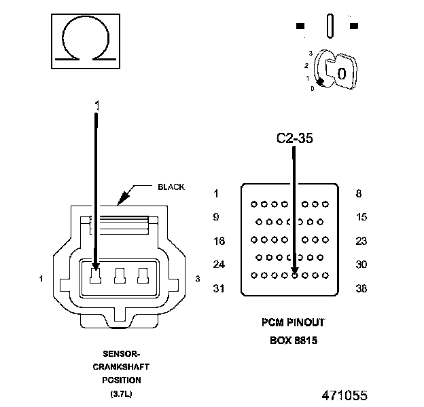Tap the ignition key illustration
point(335,69)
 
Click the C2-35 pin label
point(294,138)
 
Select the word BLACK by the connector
point(171,187)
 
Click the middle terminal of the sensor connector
point(120,275)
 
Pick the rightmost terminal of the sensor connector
point(143,275)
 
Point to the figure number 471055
point(344,395)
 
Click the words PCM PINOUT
point(293,322)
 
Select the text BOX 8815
point(294,341)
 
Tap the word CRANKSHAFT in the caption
point(121,367)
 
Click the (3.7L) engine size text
point(121,394)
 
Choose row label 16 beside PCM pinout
point(219,241)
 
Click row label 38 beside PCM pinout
point(361,288)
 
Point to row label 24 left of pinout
point(219,265)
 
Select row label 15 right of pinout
point(361,217)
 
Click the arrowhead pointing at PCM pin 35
point(295,270)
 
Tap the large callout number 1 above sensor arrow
point(97,106)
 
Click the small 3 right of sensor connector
point(198,279)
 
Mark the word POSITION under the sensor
point(122,381)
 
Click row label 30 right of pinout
point(361,265)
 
